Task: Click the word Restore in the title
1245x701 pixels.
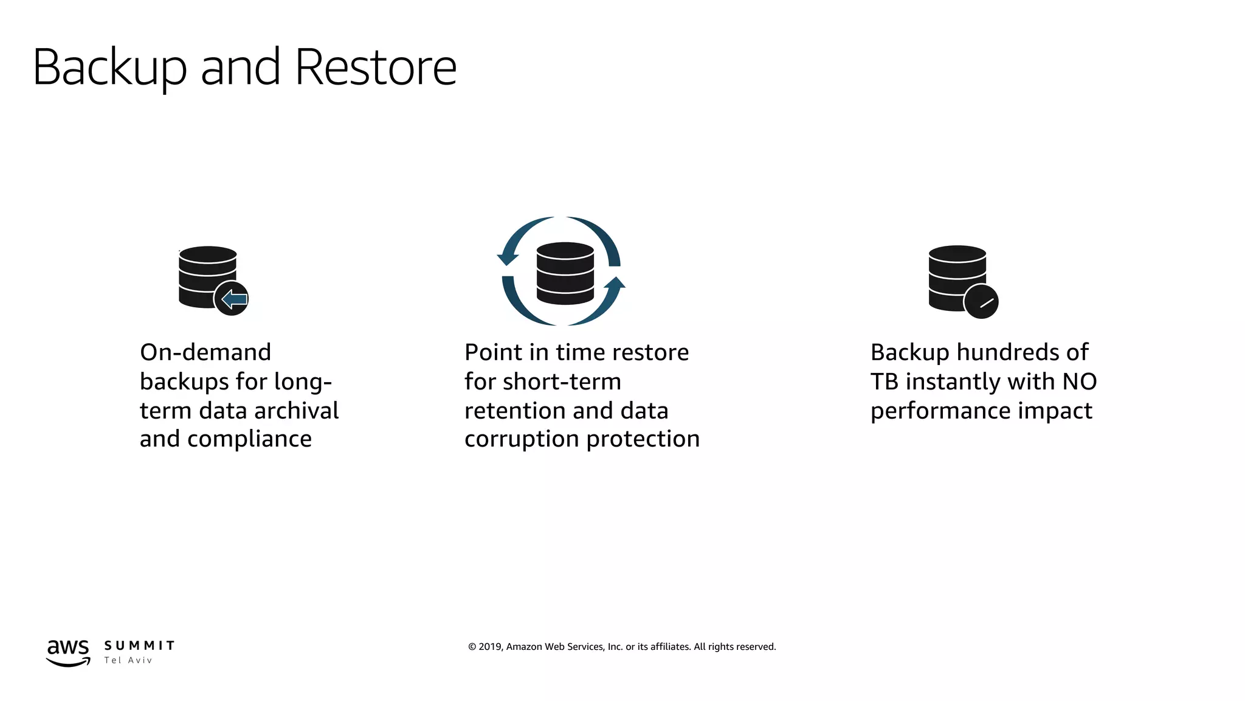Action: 375,67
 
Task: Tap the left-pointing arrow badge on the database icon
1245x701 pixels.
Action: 232,298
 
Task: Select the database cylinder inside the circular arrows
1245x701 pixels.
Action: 565,273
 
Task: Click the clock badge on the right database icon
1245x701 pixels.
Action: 981,302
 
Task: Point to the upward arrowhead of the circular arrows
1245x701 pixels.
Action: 615,283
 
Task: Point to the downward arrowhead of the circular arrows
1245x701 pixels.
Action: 508,258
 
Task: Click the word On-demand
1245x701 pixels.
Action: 205,352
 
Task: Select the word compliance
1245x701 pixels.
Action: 249,439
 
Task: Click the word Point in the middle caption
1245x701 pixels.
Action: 493,352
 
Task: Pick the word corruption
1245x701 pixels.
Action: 522,439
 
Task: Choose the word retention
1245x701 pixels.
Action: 514,411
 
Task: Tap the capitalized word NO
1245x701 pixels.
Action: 1079,382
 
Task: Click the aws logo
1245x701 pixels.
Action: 68,652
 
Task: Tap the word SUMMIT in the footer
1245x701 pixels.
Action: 139,646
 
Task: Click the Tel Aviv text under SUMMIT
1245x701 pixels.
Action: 128,660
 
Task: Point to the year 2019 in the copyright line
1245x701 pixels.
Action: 490,647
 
